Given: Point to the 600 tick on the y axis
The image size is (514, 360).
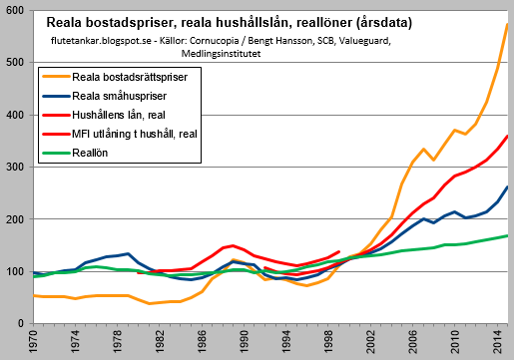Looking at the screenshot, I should coord(16,10).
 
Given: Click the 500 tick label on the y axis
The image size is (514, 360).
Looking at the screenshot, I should coord(16,63).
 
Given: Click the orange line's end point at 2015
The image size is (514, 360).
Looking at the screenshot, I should coord(508,24).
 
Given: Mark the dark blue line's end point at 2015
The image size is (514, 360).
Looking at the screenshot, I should coord(508,186).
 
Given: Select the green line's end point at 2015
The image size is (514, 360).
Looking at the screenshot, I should coord(508,235).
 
